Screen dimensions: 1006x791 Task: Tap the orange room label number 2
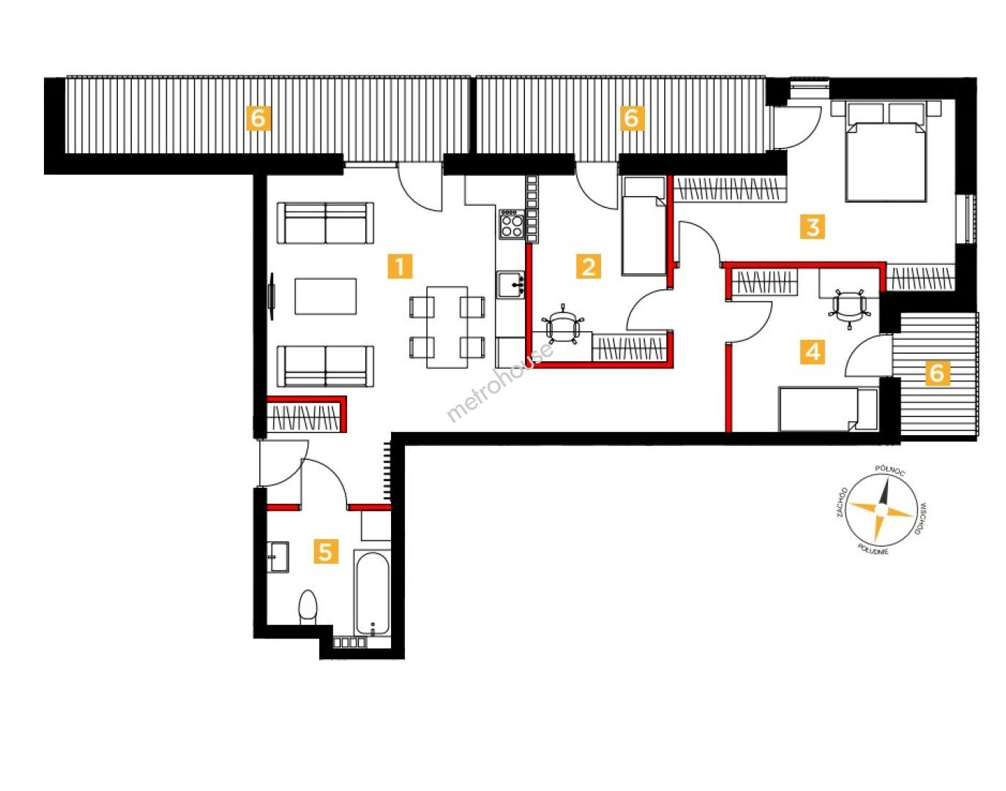tap(589, 266)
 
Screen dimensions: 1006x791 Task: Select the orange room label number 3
tap(813, 227)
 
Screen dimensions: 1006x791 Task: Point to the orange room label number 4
tap(813, 352)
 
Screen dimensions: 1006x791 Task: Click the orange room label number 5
tap(326, 552)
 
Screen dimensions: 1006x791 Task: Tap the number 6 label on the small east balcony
tap(937, 373)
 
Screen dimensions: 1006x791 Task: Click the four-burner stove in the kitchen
tap(512, 224)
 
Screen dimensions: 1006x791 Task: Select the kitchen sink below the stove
tap(510, 285)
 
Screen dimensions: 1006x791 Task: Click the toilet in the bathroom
tap(308, 607)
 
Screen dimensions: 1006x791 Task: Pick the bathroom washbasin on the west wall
tap(278, 557)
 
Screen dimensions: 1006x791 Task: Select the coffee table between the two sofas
tap(326, 296)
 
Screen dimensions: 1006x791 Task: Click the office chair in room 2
tap(563, 324)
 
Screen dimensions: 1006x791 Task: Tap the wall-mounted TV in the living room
tap(272, 296)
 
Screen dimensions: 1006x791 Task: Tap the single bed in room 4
tap(828, 409)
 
